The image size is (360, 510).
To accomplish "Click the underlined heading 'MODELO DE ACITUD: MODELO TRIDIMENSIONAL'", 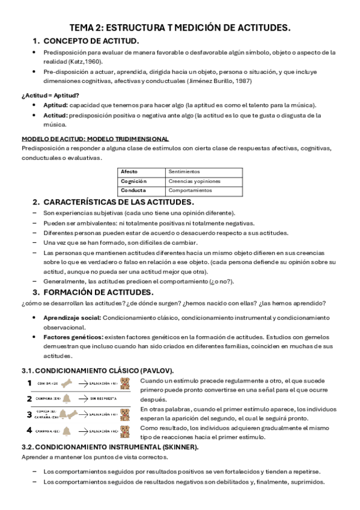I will [95, 139].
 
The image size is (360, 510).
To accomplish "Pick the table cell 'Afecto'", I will [129, 171].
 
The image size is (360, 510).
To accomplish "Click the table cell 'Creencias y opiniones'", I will [194, 180].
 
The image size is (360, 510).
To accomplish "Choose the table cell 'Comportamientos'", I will [191, 190].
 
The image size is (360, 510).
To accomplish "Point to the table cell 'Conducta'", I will [133, 190].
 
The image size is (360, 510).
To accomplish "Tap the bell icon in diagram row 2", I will [66, 398].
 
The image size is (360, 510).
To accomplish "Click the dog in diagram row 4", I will [125, 431].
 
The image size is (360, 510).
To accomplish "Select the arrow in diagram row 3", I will [91, 414].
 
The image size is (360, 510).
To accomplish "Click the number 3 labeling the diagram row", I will [29, 414].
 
